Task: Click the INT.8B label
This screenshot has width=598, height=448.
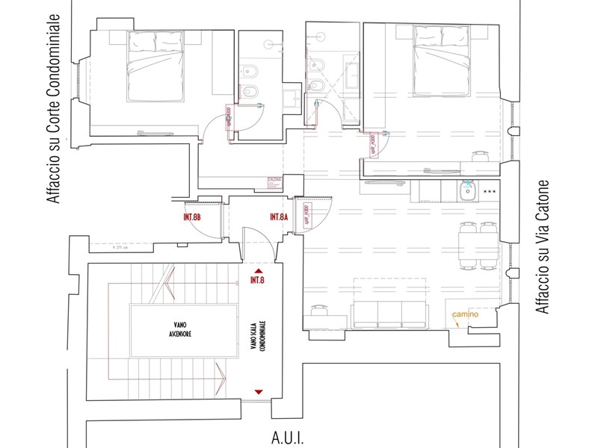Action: click(192, 217)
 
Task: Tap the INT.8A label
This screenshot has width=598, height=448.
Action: click(279, 217)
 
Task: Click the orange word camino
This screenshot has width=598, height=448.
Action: click(464, 314)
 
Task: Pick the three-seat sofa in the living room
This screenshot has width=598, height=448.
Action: click(389, 314)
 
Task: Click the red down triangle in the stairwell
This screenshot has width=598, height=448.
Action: click(259, 391)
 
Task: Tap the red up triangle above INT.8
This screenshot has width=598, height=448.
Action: click(259, 271)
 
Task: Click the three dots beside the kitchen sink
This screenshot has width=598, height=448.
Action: click(491, 192)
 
